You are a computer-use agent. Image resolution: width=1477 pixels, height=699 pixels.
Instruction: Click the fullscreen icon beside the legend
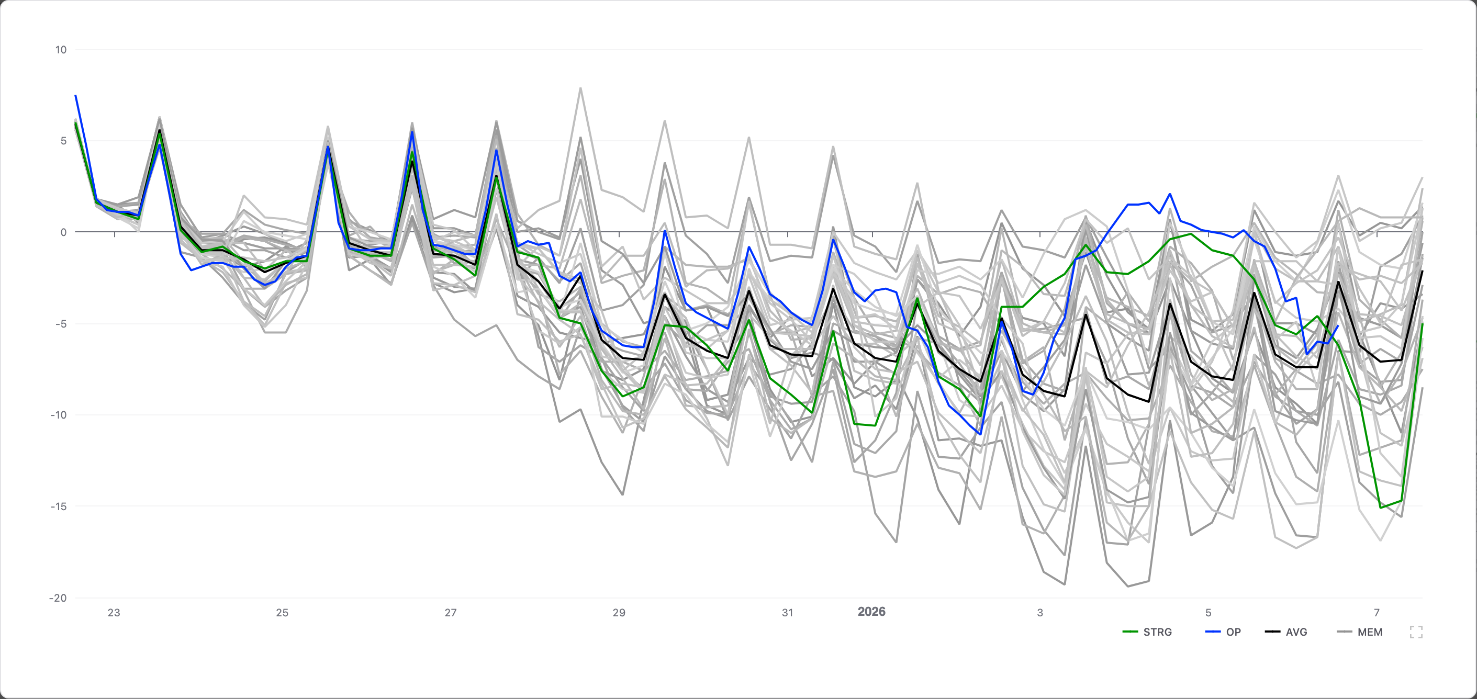tap(1416, 632)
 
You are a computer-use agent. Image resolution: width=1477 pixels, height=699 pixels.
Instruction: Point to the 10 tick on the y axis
tap(61, 50)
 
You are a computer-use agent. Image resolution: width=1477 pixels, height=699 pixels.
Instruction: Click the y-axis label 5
tap(63, 141)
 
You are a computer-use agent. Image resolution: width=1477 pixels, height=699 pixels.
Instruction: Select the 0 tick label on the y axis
tap(63, 232)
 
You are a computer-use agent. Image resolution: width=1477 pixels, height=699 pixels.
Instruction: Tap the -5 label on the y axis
tap(61, 324)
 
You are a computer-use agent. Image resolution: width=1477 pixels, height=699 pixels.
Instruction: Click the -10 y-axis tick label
tap(59, 415)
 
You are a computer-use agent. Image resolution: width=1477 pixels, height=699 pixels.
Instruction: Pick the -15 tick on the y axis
tap(59, 506)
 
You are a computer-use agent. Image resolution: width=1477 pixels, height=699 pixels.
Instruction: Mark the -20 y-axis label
tap(59, 598)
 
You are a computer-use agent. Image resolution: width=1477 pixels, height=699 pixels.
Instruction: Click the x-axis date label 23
tap(114, 613)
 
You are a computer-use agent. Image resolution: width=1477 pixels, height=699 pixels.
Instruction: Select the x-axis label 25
tap(282, 613)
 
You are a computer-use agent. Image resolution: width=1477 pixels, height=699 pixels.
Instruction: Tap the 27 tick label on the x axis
tap(451, 613)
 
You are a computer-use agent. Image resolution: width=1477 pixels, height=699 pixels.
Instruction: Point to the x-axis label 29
tap(619, 613)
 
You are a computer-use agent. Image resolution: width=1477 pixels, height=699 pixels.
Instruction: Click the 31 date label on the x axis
tap(788, 613)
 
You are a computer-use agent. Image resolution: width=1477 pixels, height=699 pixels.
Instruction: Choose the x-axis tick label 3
tap(1040, 613)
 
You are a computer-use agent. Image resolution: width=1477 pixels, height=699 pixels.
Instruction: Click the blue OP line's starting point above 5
tap(76, 96)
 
